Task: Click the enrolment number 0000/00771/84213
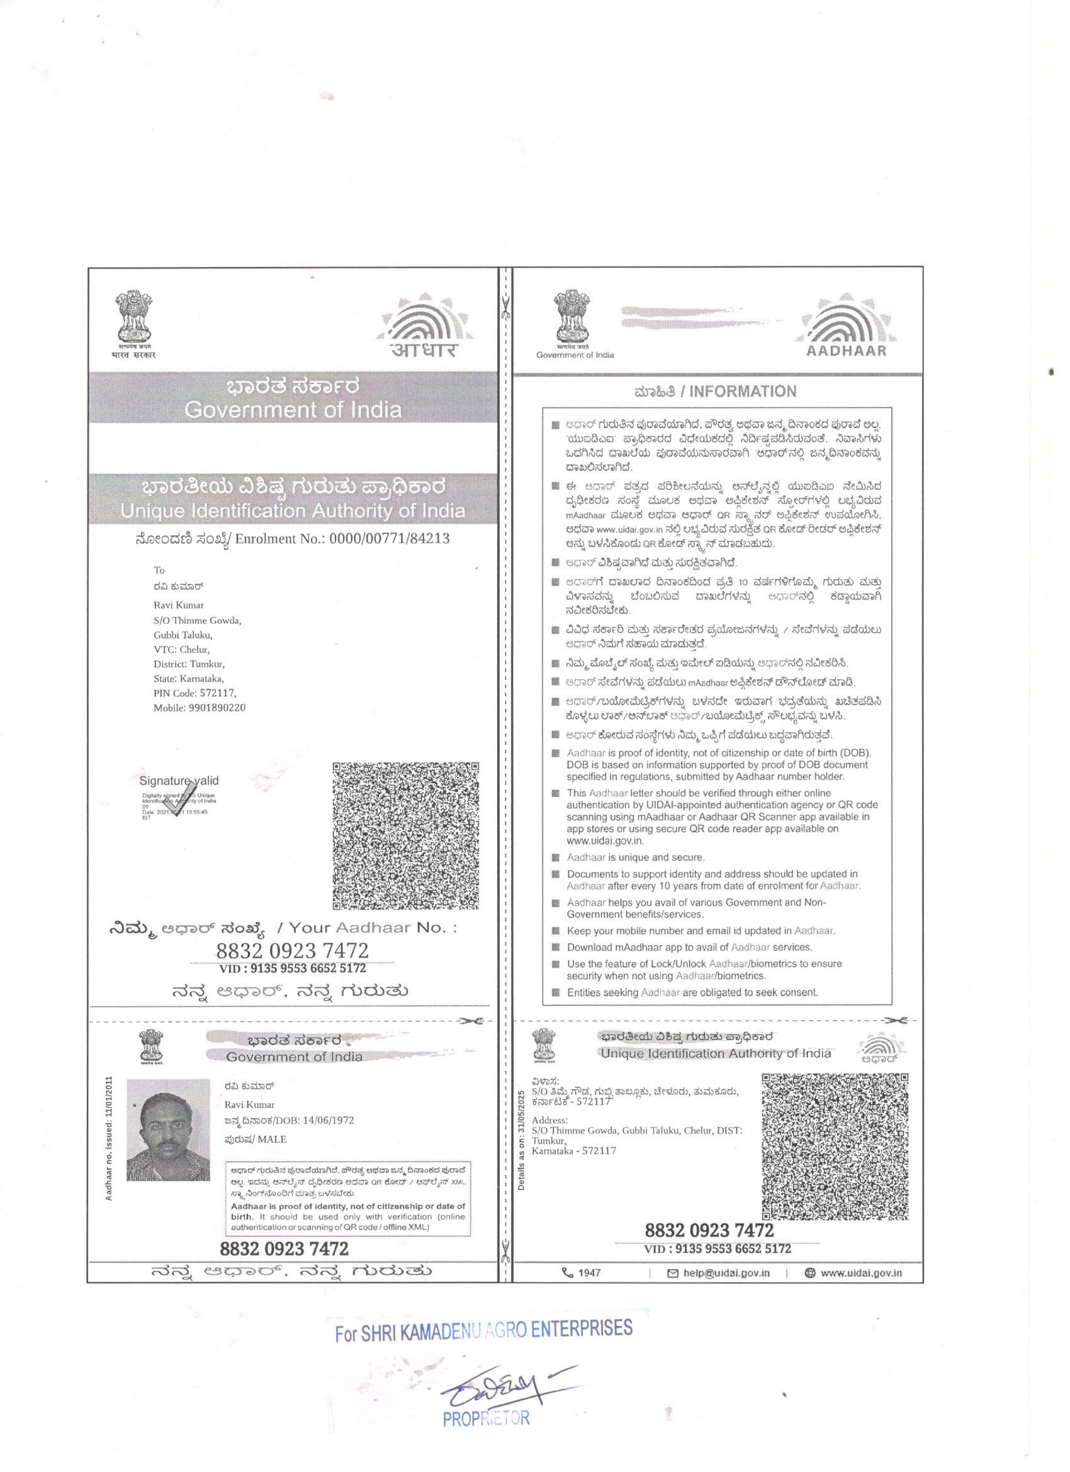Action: coord(390,538)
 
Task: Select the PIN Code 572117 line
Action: coord(194,693)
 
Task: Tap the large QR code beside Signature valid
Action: coord(407,836)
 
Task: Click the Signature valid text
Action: coord(179,781)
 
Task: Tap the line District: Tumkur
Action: coord(189,664)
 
